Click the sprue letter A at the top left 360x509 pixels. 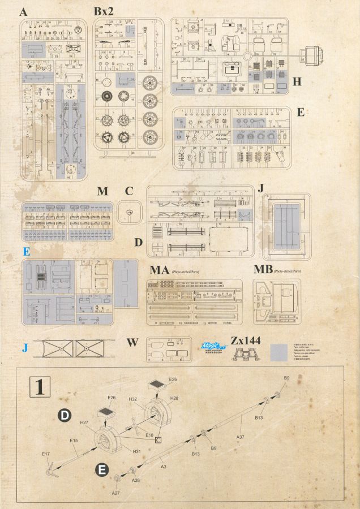pos(23,12)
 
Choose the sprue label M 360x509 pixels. pos(102,192)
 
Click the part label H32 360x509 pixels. pos(132,399)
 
